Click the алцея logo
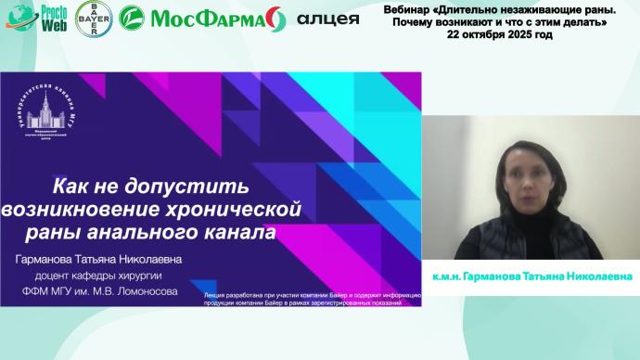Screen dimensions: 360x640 point(327,18)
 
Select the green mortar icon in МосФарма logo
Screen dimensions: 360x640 point(136,18)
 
